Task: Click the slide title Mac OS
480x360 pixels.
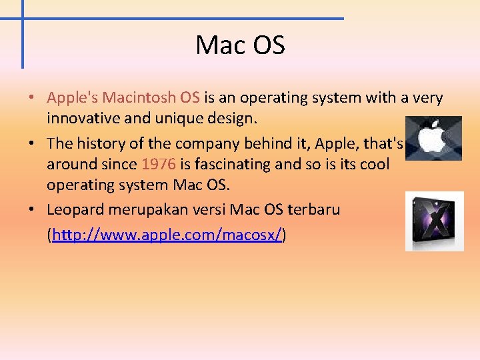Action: pyautogui.click(x=240, y=45)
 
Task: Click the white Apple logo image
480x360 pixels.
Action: pyautogui.click(x=433, y=138)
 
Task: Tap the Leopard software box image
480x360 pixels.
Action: pyautogui.click(x=434, y=221)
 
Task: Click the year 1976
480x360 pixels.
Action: pyautogui.click(x=158, y=165)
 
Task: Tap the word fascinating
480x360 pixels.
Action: pyautogui.click(x=229, y=165)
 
